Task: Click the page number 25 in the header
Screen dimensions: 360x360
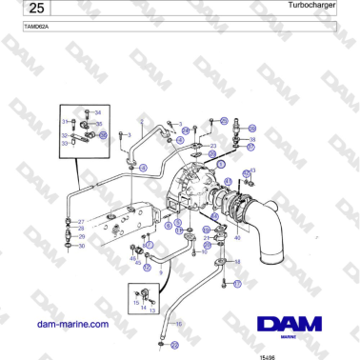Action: tap(35, 9)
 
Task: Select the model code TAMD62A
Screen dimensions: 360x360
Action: tap(36, 27)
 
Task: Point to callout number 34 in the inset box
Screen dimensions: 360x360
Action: tap(96, 112)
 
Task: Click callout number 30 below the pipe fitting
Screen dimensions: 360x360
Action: tap(82, 246)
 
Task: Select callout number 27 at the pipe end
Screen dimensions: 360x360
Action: tap(82, 222)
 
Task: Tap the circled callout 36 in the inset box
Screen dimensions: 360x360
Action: tap(104, 136)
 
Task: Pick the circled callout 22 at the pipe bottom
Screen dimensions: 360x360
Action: tap(159, 342)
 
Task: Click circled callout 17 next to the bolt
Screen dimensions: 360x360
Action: tap(238, 283)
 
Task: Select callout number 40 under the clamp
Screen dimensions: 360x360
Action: tap(237, 237)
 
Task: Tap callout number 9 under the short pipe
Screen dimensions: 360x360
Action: tap(160, 272)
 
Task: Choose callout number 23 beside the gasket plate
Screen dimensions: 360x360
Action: tap(213, 146)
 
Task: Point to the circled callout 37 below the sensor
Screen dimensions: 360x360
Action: tap(251, 149)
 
